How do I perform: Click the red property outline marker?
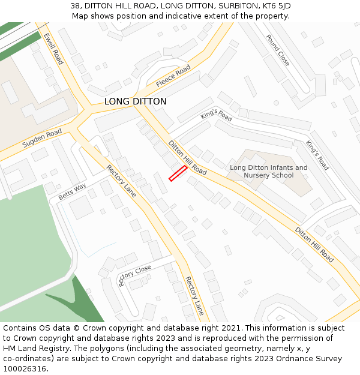[x=178, y=173]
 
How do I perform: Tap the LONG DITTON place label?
[x=136, y=102]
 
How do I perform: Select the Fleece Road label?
[x=173, y=76]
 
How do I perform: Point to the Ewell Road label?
[x=53, y=49]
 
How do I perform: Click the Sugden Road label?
[x=42, y=139]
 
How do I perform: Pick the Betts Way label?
[x=73, y=192]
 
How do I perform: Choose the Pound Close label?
[x=278, y=50]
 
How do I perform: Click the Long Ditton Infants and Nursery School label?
[x=269, y=172]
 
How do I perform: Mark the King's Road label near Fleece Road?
[x=217, y=114]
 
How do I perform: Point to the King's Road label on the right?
[x=317, y=155]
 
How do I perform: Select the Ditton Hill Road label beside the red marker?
[x=187, y=158]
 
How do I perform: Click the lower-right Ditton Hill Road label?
[x=314, y=244]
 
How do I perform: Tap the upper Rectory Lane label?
[x=122, y=180]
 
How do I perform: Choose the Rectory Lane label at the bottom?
[x=194, y=295]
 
